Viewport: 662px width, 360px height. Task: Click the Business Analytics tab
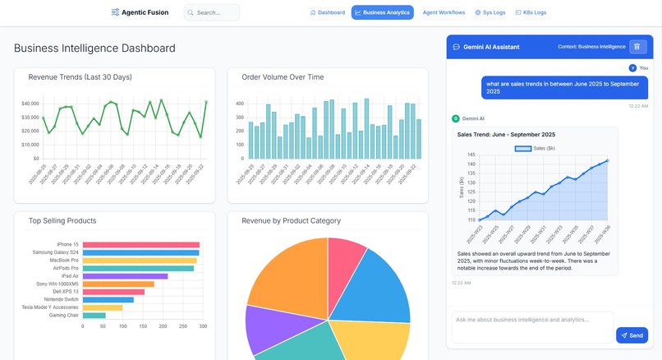383,12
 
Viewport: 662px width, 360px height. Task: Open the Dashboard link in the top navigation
328,12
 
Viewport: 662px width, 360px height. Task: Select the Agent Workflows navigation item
444,12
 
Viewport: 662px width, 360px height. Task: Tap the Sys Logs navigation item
490,12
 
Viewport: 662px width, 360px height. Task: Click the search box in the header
212,12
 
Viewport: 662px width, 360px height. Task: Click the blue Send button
632,335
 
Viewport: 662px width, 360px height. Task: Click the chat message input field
532,321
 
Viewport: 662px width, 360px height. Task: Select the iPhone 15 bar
140,244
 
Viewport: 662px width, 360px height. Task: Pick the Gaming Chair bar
94,315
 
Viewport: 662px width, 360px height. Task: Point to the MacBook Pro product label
63,260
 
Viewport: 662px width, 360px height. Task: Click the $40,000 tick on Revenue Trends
30,104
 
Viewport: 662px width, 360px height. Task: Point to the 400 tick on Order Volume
240,104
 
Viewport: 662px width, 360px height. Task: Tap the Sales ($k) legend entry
535,148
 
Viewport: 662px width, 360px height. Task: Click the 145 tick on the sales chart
471,154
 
